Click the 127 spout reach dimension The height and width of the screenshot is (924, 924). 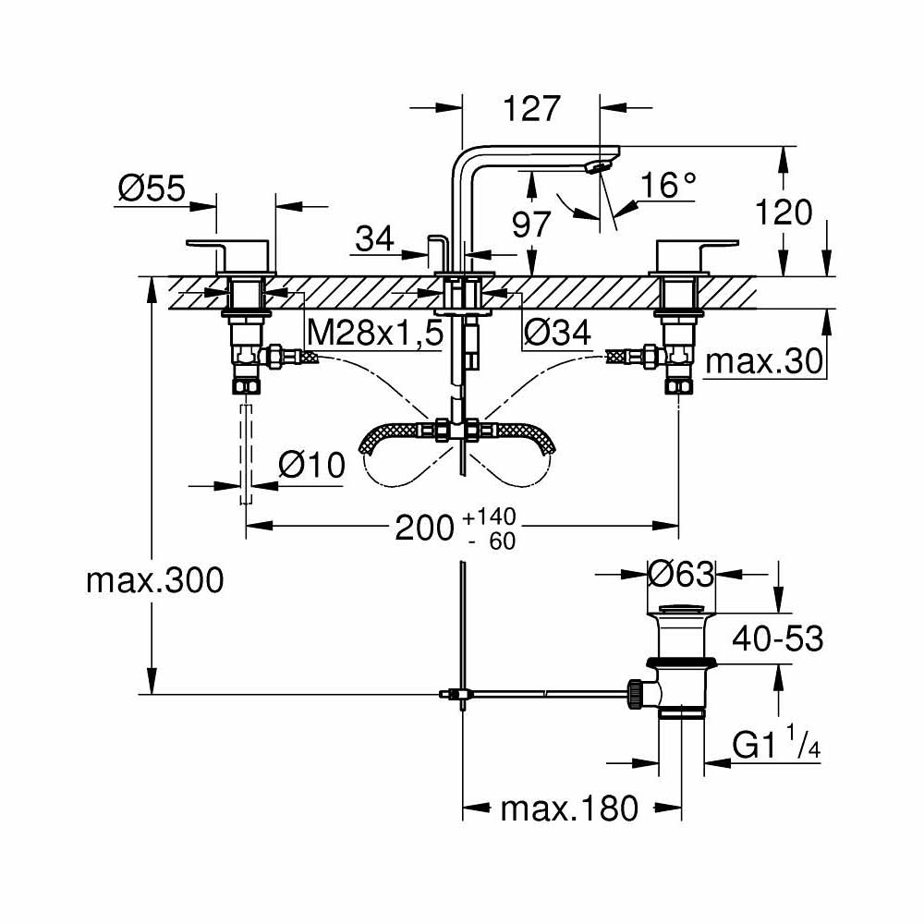533,108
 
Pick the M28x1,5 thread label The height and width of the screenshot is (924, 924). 374,334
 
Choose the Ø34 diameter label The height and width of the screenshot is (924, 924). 556,334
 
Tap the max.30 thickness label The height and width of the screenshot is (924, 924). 763,362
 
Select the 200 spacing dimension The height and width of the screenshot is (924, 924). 425,528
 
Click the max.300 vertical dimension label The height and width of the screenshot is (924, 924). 154,581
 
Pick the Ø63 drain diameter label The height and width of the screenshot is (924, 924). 682,575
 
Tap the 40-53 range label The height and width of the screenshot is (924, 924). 777,638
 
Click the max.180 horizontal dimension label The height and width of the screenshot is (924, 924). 569,809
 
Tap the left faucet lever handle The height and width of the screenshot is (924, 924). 230,244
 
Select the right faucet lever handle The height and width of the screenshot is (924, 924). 696,244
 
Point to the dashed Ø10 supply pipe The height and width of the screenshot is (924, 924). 246,453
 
